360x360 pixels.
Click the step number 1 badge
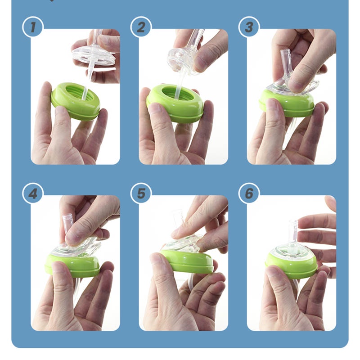point(33,27)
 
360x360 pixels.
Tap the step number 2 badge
point(141,27)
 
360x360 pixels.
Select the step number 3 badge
point(249,27)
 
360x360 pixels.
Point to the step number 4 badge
point(33,193)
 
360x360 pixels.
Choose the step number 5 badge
point(141,193)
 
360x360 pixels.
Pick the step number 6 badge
point(249,193)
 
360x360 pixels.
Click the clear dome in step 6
point(292,252)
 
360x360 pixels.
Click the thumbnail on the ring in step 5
point(158,259)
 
